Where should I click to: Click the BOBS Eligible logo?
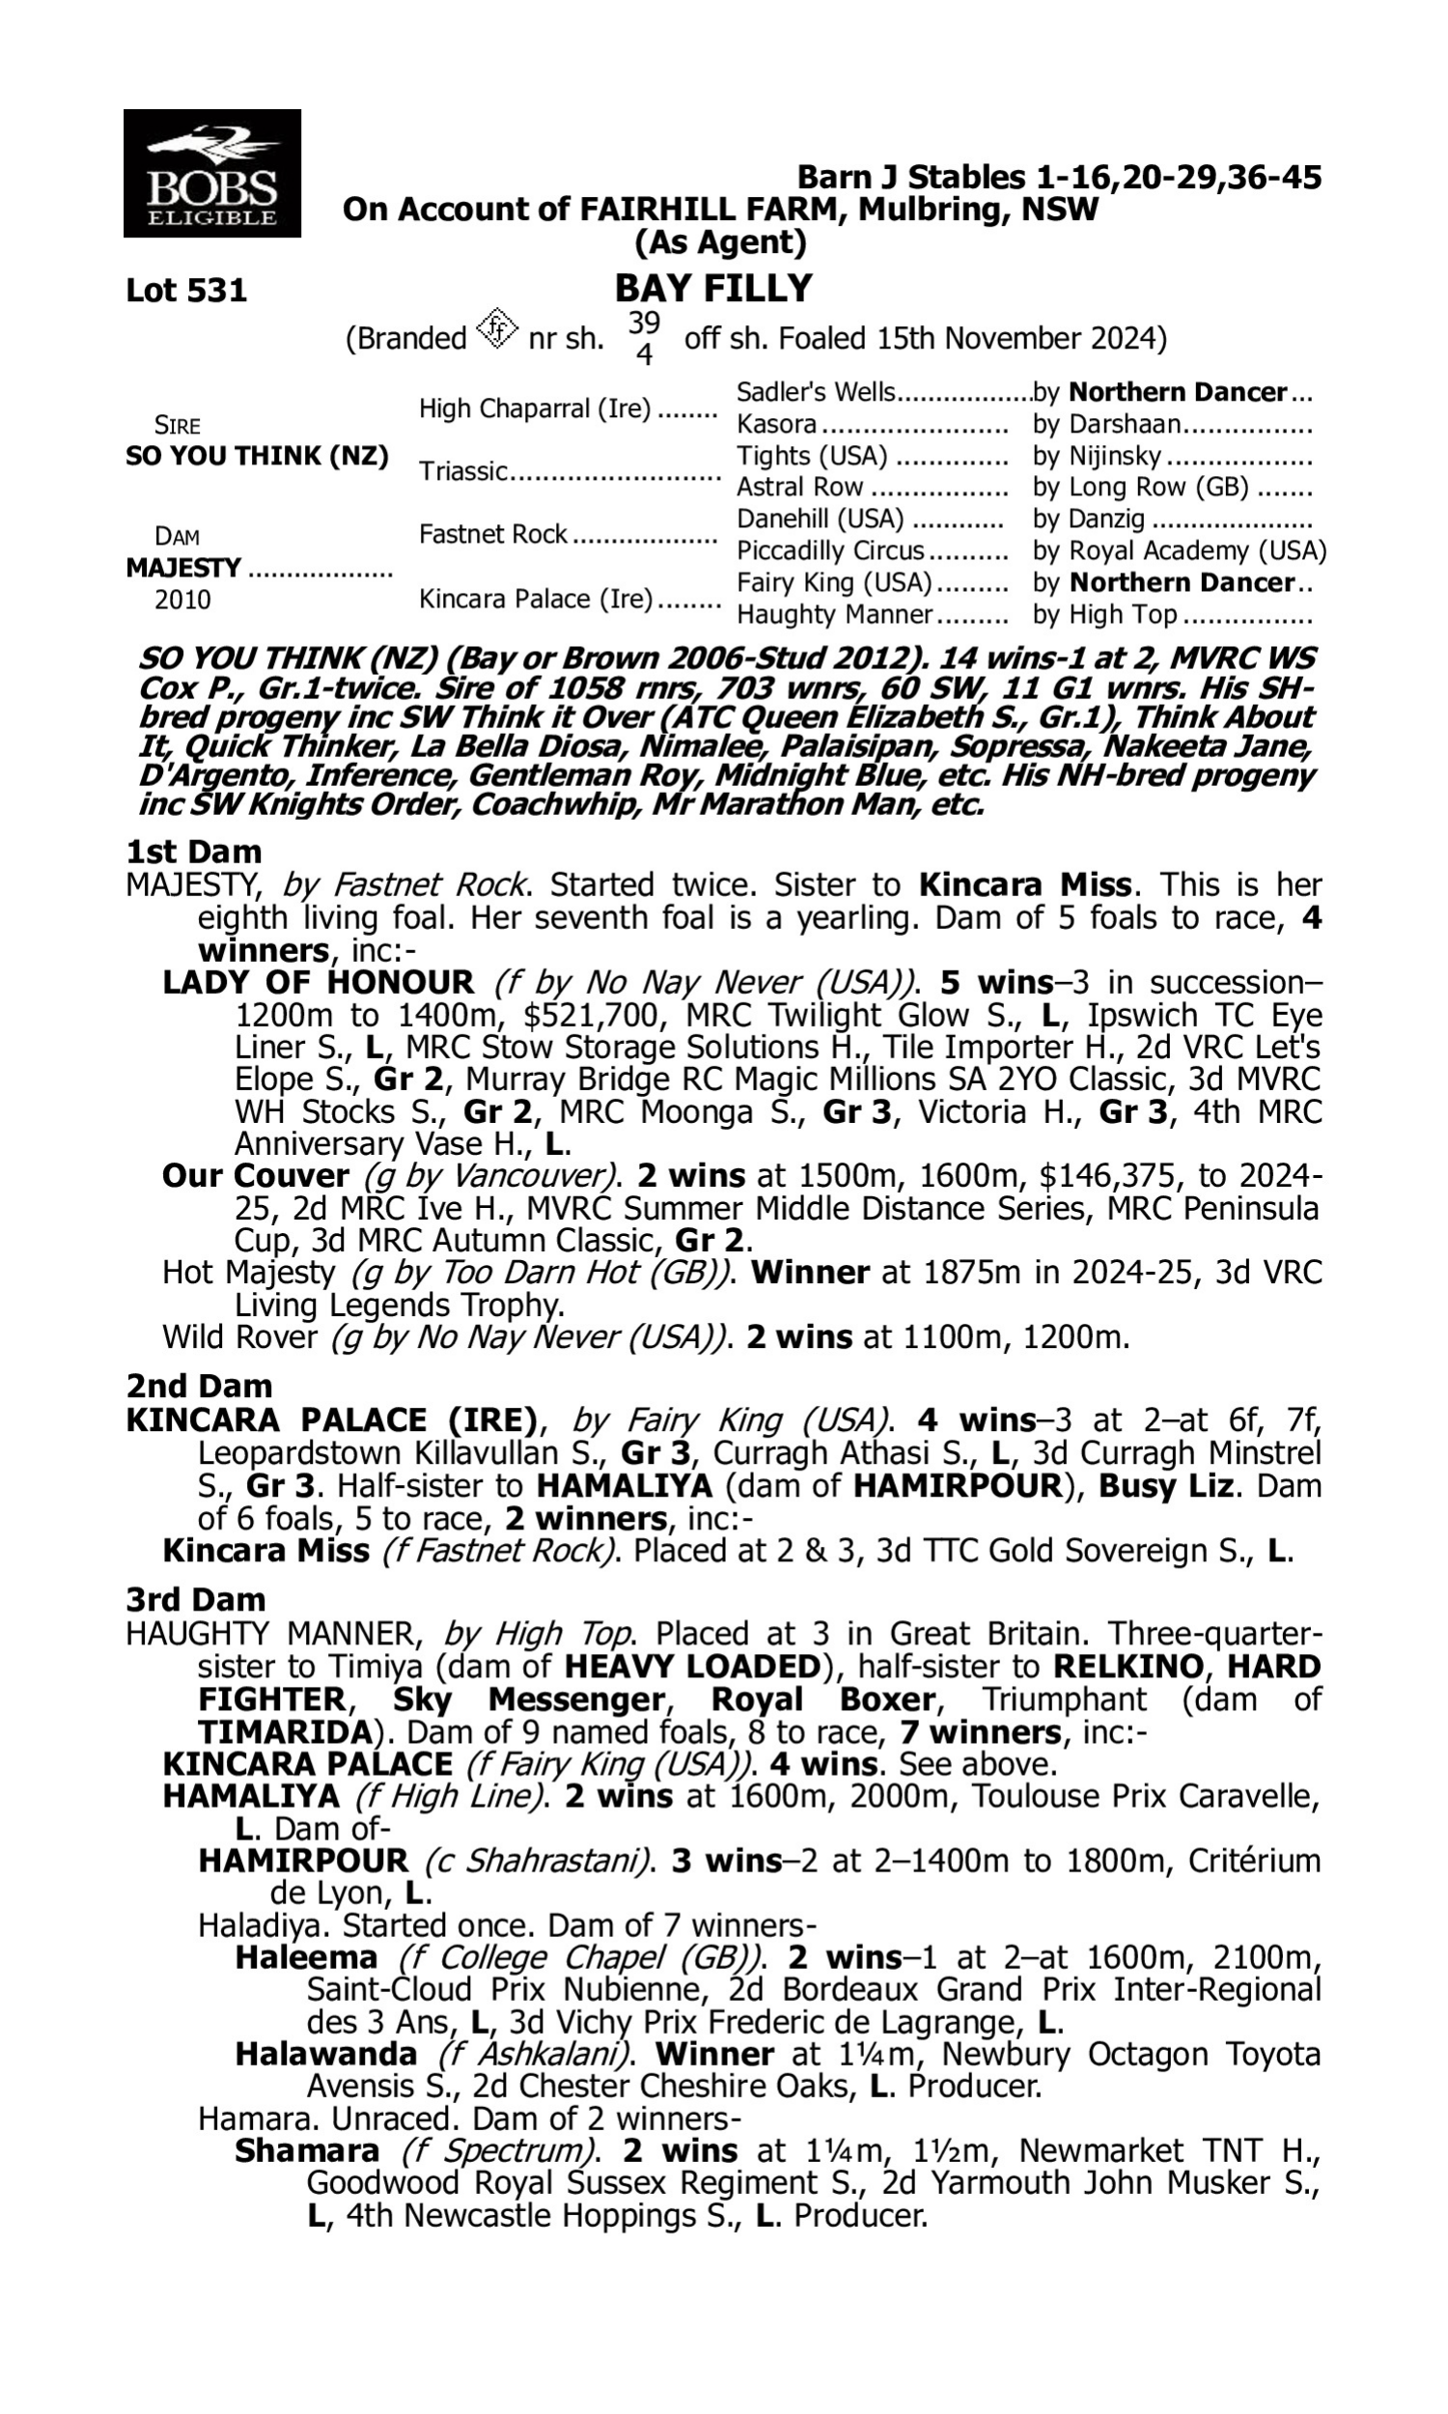211,174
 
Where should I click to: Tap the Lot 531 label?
186,291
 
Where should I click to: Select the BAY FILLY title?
713,289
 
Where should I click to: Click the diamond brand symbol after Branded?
496,330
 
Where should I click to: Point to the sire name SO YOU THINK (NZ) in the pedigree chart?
257,456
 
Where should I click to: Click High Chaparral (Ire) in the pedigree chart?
535,408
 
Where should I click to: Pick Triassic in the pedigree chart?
463,471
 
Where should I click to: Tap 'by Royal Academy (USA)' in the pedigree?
1179,551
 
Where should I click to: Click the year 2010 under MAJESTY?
182,600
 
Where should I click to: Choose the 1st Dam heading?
193,852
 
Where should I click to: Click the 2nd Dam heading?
198,1387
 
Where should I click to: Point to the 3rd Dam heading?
195,1600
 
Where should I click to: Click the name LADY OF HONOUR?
319,982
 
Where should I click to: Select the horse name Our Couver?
256,1176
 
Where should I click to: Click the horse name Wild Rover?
239,1336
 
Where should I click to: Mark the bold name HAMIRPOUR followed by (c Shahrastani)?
302,1861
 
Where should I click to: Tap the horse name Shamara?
306,2150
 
